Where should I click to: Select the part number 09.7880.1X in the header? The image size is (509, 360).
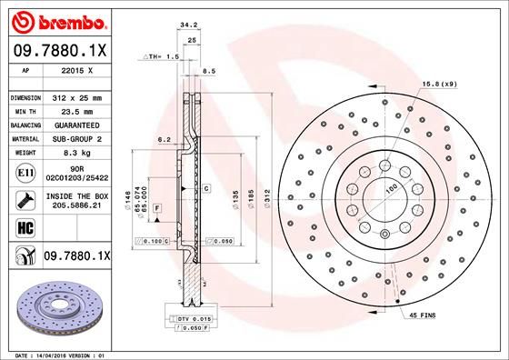[x=58, y=51]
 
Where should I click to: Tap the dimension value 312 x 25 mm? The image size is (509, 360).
[x=75, y=97]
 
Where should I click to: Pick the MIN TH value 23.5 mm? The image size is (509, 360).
[x=75, y=111]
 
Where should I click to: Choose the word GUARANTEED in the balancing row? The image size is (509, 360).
[x=75, y=125]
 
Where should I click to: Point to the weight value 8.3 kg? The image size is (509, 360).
[x=75, y=153]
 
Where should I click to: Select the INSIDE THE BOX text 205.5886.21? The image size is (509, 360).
[x=75, y=207]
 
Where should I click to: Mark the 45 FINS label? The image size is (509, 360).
[x=424, y=315]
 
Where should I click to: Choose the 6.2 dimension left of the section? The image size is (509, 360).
[x=164, y=140]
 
